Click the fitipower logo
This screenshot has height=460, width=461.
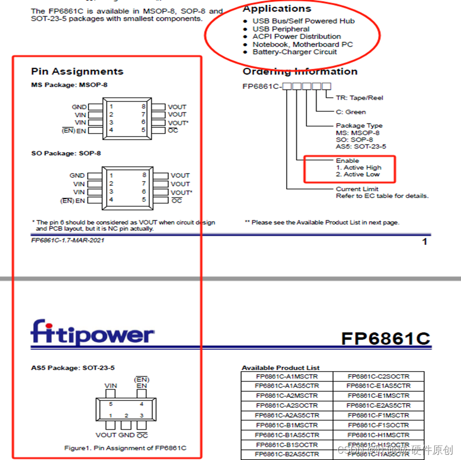click(92, 333)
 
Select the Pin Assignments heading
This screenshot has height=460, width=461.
click(77, 71)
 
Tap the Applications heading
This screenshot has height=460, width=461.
click(277, 9)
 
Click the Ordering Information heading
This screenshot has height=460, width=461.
click(300, 71)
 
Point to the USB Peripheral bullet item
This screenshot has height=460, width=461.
click(281, 29)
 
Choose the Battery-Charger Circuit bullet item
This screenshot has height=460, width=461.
click(294, 52)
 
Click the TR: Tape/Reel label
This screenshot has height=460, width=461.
click(359, 98)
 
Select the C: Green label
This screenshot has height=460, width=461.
click(351, 112)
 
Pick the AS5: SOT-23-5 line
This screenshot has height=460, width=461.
click(361, 146)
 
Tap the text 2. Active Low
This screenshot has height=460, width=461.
click(358, 175)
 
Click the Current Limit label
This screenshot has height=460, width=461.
click(357, 189)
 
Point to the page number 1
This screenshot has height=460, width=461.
click(424, 242)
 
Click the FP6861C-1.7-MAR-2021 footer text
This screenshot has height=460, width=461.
click(68, 240)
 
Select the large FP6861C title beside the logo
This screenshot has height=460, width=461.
click(385, 339)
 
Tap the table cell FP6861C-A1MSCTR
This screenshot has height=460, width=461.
click(287, 376)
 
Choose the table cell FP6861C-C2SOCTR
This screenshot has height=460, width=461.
click(378, 376)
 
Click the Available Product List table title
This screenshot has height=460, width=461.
click(280, 368)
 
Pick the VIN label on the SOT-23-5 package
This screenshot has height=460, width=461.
click(111, 386)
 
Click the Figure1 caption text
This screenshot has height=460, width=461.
click(125, 448)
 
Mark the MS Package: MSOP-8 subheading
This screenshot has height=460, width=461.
click(69, 85)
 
